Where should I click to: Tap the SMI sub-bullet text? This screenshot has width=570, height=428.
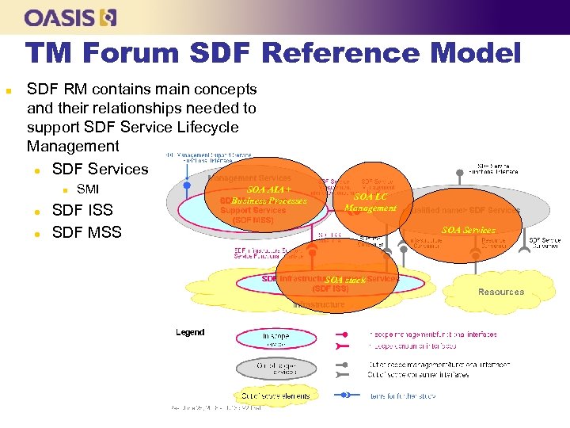click(x=88, y=189)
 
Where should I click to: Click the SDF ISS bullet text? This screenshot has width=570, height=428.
click(x=82, y=210)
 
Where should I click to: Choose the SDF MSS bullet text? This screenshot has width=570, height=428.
click(x=86, y=232)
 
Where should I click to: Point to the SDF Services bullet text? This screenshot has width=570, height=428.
click(x=100, y=169)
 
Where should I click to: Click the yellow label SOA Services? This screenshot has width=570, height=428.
click(x=469, y=230)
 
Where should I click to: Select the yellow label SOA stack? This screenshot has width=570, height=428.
click(x=345, y=280)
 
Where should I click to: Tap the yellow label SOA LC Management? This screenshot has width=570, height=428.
click(x=370, y=202)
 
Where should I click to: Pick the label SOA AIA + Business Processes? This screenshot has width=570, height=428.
click(x=269, y=196)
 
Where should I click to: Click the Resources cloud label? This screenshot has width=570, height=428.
click(x=500, y=292)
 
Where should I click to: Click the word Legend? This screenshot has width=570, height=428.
click(x=190, y=332)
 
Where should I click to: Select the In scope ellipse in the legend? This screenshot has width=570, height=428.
click(x=276, y=339)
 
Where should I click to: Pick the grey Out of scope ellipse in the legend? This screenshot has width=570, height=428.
click(x=276, y=369)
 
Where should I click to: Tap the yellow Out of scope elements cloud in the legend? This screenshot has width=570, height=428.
click(x=276, y=395)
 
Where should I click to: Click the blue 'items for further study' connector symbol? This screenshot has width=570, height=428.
click(x=345, y=395)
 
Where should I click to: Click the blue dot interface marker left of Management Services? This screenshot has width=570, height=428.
click(x=187, y=185)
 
